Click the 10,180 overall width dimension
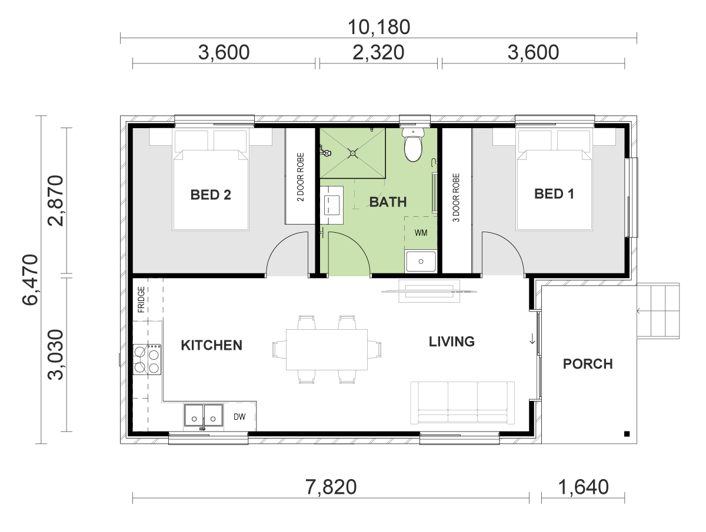[x=378, y=27]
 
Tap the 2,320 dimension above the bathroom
[x=378, y=52]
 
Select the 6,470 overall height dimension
[x=30, y=279]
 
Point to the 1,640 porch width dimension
[x=583, y=487]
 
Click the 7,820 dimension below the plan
[x=331, y=487]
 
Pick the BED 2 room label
[x=211, y=195]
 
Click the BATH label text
[x=388, y=202]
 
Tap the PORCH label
[x=588, y=364]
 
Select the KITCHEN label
[x=211, y=345]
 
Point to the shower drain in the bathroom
[x=353, y=153]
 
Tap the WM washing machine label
[x=421, y=233]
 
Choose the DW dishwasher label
[x=239, y=417]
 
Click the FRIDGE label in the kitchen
[x=141, y=299]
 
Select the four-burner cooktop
[x=147, y=360]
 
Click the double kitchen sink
[x=204, y=416]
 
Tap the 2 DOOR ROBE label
[x=301, y=177]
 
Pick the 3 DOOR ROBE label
[x=456, y=198]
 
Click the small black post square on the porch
[x=627, y=434]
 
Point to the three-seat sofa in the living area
[x=462, y=403]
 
